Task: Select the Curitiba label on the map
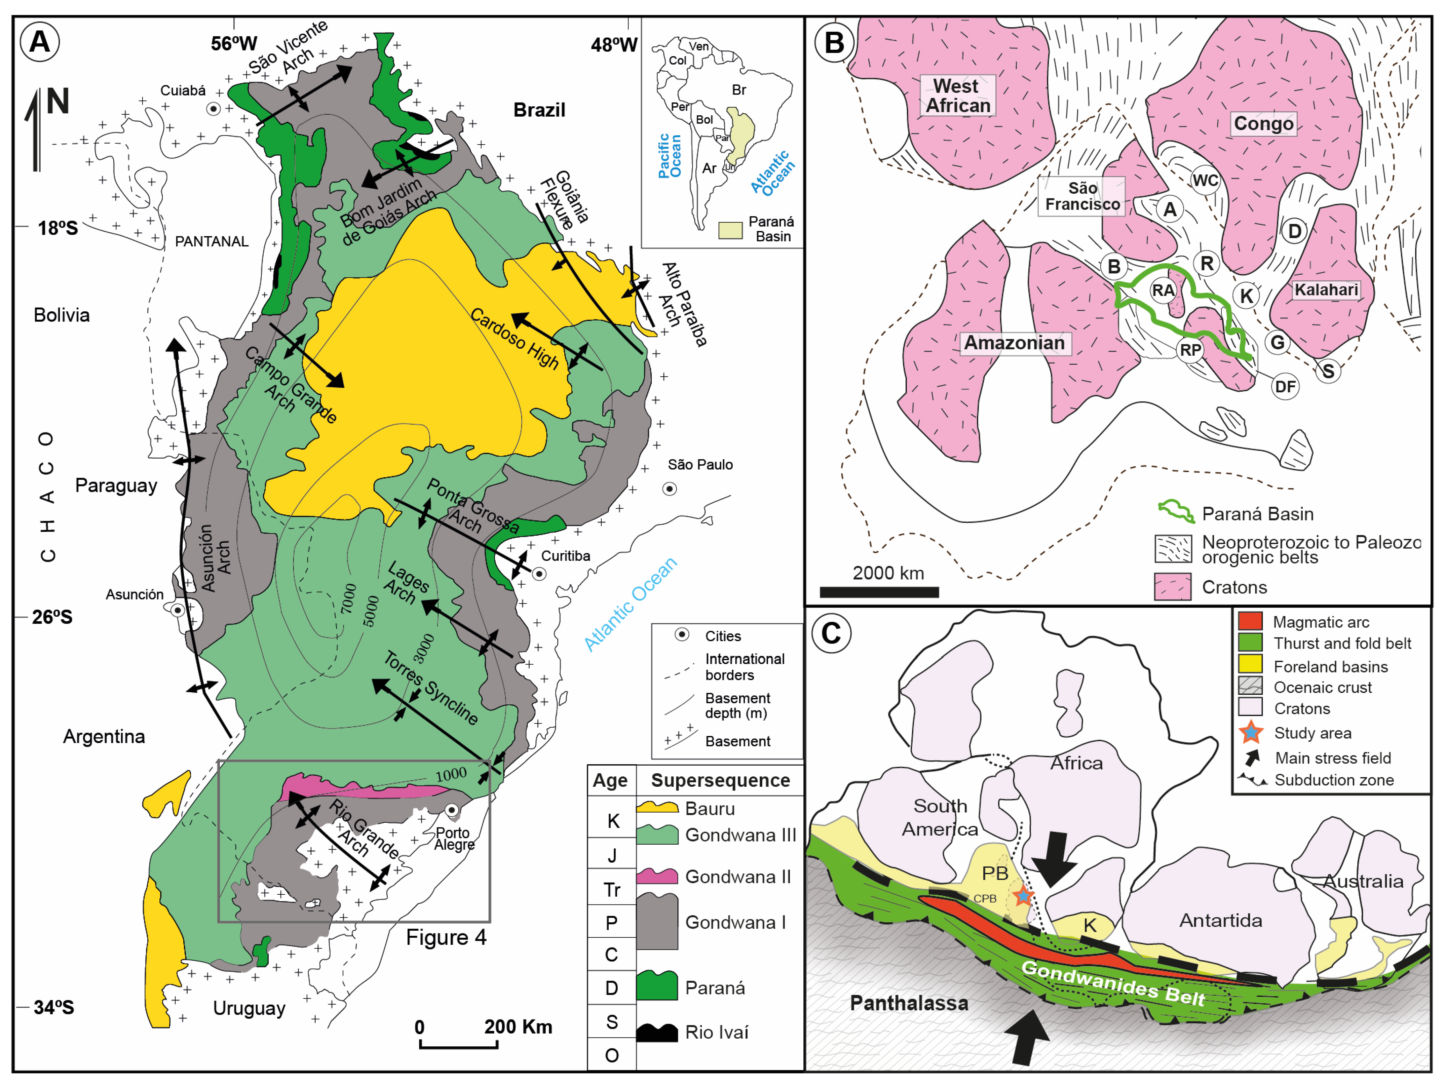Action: pyautogui.click(x=565, y=556)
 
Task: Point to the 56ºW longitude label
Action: pyautogui.click(x=234, y=44)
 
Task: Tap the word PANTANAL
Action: pyautogui.click(x=212, y=241)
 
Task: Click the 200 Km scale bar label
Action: pyautogui.click(x=518, y=1026)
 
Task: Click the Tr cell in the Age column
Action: pyautogui.click(x=612, y=890)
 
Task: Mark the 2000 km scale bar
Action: pyautogui.click(x=879, y=592)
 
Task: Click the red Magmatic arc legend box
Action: pyautogui.click(x=1250, y=621)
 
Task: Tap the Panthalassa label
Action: pyautogui.click(x=909, y=1003)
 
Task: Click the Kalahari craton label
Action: pyautogui.click(x=1326, y=290)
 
